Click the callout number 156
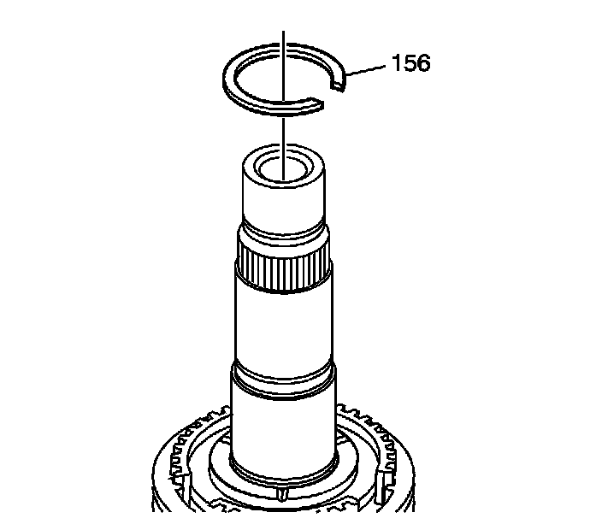coord(410,63)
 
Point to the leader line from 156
coord(365,70)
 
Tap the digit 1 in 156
coord(396,63)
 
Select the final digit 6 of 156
coord(424,63)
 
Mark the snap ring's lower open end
coord(316,105)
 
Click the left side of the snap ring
coord(229,79)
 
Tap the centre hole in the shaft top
coord(283,169)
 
